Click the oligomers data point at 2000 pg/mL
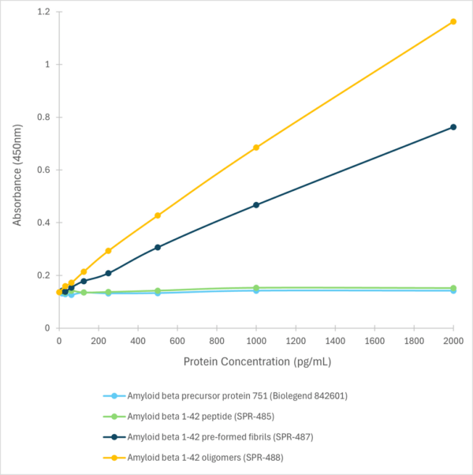point(453,21)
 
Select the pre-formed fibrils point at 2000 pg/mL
point(453,127)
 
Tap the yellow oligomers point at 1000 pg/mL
point(256,148)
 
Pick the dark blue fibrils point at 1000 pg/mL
point(256,205)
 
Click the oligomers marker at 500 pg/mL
point(158,215)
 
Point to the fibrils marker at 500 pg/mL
point(158,247)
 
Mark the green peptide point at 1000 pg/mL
point(256,288)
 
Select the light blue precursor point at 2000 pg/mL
point(453,290)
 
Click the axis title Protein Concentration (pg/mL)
point(256,362)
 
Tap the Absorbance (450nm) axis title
point(17,169)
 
